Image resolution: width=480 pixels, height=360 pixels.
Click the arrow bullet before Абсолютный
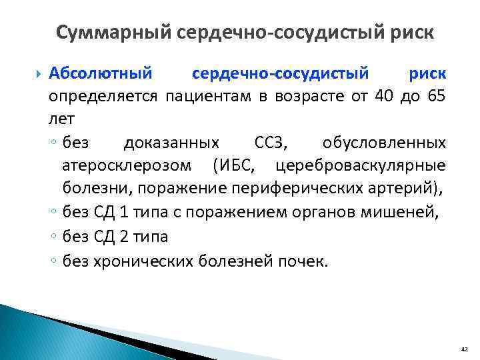pyautogui.click(x=37, y=72)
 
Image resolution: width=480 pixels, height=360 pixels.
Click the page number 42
pyautogui.click(x=464, y=349)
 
